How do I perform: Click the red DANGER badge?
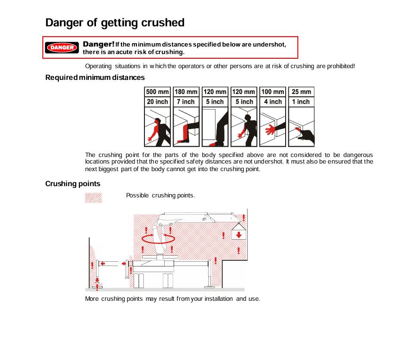click(62, 47)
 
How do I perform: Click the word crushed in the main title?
click(163, 23)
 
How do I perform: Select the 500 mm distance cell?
click(157, 92)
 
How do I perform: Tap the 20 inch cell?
click(157, 102)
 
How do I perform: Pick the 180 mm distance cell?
click(186, 92)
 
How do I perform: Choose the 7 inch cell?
click(186, 102)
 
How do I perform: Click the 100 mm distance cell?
click(272, 92)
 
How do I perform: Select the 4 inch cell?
click(272, 102)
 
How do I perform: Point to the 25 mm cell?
click(301, 92)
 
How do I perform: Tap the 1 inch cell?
click(301, 102)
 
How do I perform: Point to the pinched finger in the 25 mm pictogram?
click(298, 129)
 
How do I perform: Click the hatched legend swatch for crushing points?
click(94, 198)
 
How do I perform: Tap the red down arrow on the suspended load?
click(239, 235)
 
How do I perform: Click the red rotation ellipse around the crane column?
click(159, 239)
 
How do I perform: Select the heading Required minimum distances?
click(95, 78)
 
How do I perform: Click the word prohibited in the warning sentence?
click(341, 66)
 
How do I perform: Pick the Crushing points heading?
click(72, 184)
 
